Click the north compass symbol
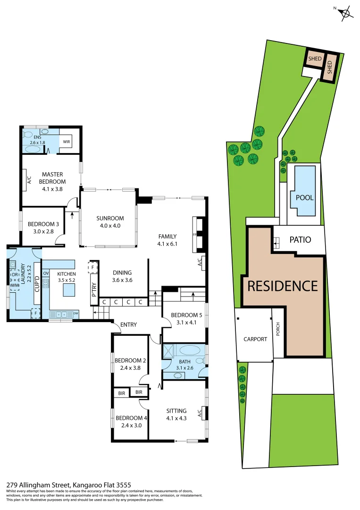[346, 13]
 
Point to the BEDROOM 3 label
[43, 228]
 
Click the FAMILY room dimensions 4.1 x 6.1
[167, 244]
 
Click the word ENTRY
[129, 324]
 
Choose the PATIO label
[300, 239]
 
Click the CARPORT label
[255, 339]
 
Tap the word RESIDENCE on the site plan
[283, 286]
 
